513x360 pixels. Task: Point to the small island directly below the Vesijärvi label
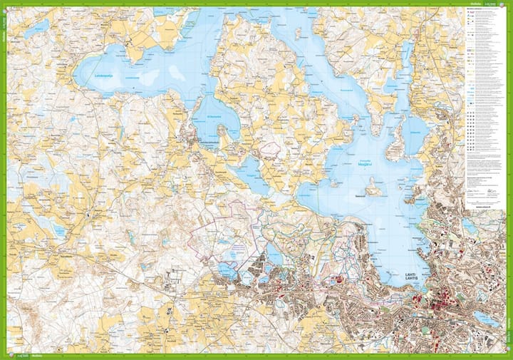(x=373, y=187)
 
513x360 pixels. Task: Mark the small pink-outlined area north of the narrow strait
(x=270, y=149)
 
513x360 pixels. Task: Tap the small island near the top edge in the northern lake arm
(x=296, y=32)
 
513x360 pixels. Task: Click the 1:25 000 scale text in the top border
(x=489, y=4)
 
